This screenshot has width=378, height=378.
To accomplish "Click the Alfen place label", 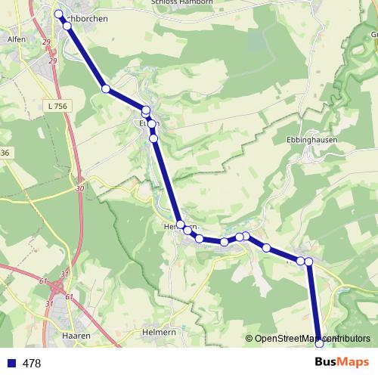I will click(x=16, y=39).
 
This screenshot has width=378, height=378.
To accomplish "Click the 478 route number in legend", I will click(x=32, y=364).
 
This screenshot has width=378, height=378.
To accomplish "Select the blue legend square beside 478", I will click(x=11, y=364).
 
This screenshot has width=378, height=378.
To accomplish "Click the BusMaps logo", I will click(x=341, y=363).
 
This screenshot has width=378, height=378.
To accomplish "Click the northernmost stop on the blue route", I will click(x=58, y=14).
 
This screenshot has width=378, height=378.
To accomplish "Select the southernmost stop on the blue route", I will click(x=319, y=343).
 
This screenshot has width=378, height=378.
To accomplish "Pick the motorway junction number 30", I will click(x=79, y=188).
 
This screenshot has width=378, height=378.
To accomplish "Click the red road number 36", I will click(x=5, y=153).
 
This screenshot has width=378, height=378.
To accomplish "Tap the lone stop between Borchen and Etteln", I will click(x=106, y=89).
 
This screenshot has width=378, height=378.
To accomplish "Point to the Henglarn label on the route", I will click(x=181, y=226).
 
